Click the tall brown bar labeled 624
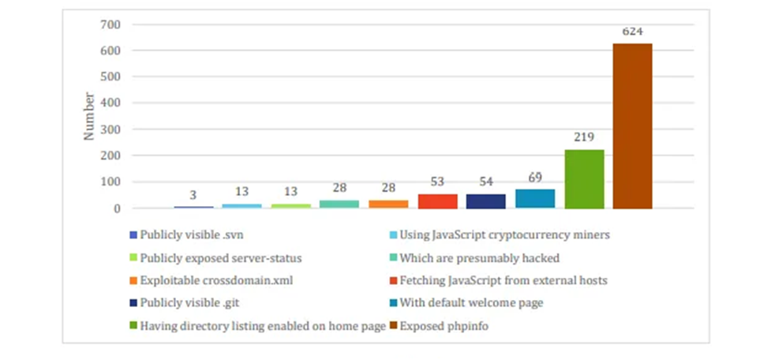click(x=632, y=126)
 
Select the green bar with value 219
click(x=584, y=179)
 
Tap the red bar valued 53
click(x=438, y=201)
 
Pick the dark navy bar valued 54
click(x=486, y=201)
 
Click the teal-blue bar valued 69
click(x=535, y=198)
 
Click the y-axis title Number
click(x=89, y=116)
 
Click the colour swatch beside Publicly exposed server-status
click(x=133, y=257)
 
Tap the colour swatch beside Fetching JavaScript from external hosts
click(x=392, y=279)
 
